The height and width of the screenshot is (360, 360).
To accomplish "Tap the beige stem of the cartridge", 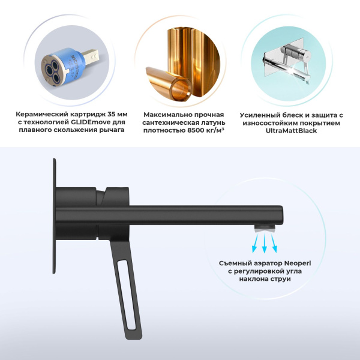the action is pos(91,56).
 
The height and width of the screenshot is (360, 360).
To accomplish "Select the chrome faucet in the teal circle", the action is pos(287,64).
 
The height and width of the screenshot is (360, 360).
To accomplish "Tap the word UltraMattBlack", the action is pos(291,131).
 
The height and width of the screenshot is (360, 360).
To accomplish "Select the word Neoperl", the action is pos(298,263).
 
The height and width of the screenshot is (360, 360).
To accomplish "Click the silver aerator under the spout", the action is pos(265,228).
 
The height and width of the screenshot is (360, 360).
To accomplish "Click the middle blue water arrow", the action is pos(265,243).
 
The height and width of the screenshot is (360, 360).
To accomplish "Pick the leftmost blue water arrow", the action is pos(256,243).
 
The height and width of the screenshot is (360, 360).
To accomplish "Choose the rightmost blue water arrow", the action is pos(274,243).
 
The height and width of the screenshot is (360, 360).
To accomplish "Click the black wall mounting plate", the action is pos(55,216).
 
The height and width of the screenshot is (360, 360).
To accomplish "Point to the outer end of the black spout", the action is pos(282,215).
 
